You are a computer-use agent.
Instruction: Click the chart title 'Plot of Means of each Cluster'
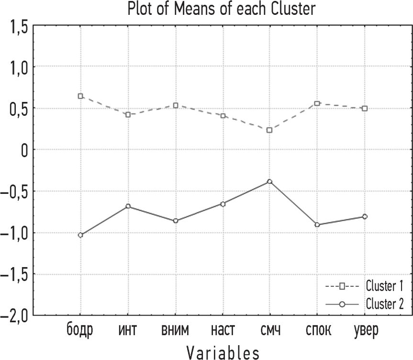point(222,8)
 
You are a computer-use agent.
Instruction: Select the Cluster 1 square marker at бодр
point(81,96)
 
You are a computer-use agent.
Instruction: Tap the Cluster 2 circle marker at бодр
point(81,235)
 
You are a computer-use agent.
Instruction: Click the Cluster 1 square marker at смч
point(269,130)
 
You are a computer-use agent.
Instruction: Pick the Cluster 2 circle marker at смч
point(269,181)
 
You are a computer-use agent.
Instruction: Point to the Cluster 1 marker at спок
point(317,103)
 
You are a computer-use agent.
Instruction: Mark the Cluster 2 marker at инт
point(128,206)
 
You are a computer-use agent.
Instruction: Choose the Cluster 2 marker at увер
point(365,217)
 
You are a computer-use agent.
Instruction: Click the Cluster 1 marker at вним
point(176,105)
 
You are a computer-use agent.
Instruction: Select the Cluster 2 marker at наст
point(223,204)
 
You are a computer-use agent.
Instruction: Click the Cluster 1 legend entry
point(364,286)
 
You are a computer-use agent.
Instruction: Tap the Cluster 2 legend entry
point(364,304)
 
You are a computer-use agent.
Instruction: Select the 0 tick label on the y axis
point(22,150)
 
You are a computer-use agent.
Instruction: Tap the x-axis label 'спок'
point(317,331)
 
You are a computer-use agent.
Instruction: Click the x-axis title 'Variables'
point(223,353)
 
